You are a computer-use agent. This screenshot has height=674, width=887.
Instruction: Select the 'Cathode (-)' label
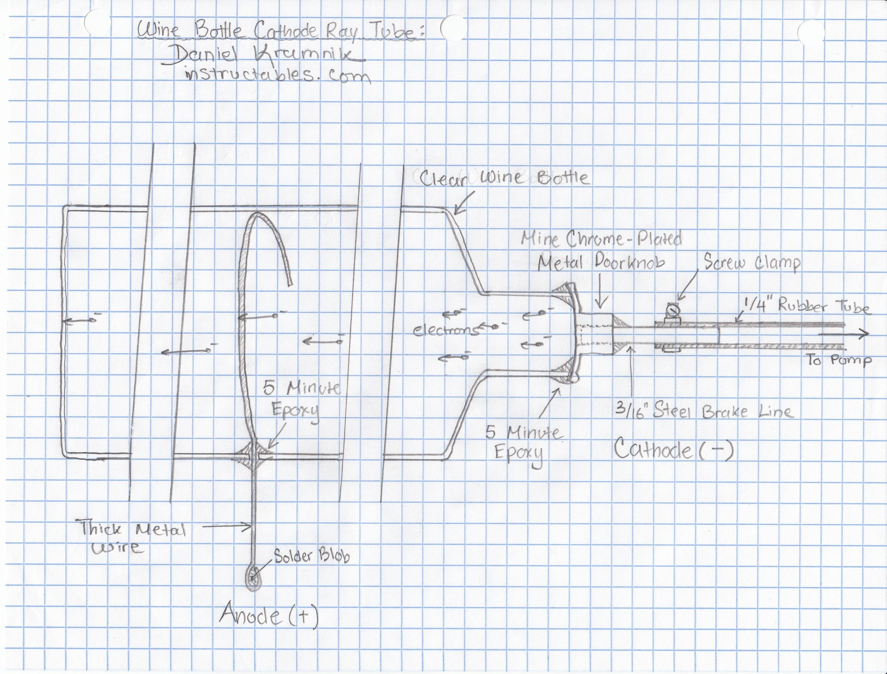coord(674,449)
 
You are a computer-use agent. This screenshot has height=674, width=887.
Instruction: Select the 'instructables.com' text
coord(277,76)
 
